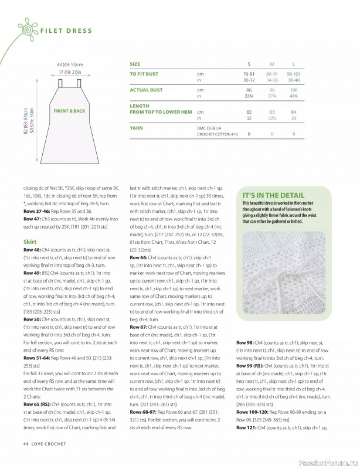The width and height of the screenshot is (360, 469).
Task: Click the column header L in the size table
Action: tap(293, 63)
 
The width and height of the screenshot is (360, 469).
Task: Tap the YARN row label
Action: tap(135, 127)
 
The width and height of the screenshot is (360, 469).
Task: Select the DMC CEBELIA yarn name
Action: tap(212, 127)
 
